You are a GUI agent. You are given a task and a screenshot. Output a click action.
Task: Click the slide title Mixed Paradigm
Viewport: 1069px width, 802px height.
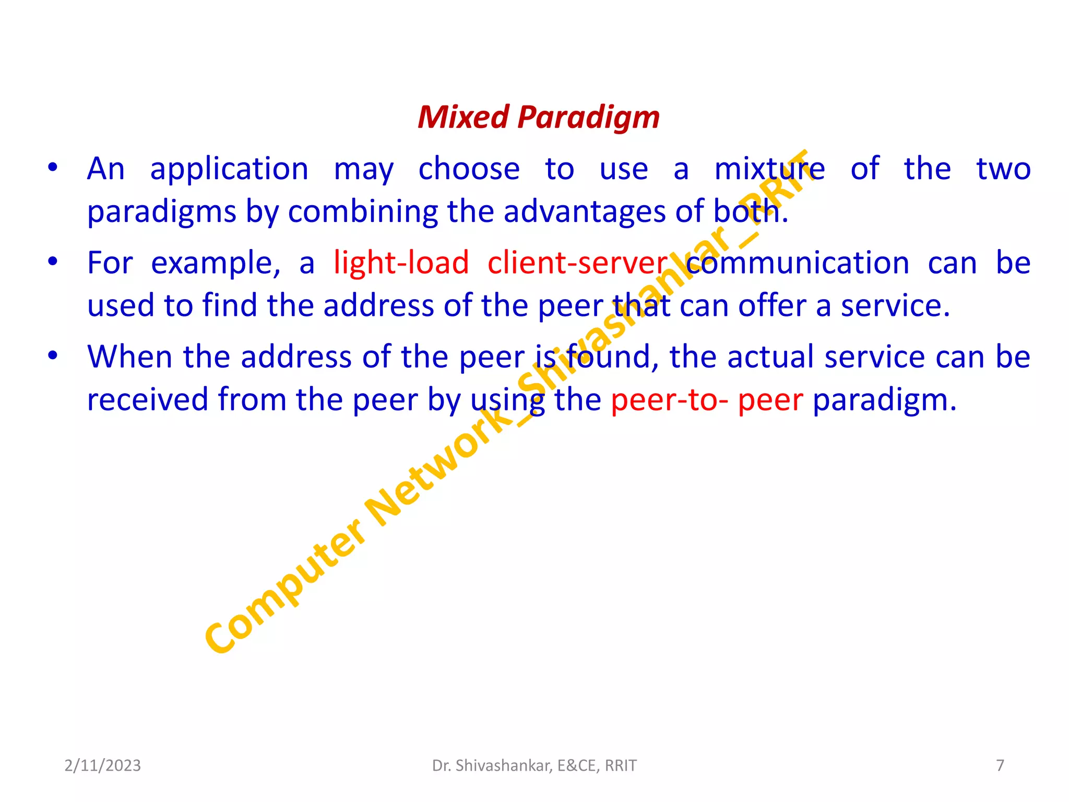538,117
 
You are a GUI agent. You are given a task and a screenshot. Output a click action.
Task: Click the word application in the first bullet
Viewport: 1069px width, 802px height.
229,170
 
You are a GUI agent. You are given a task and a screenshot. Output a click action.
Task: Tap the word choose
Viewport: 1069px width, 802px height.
469,169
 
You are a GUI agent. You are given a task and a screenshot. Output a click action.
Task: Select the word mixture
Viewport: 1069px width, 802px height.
769,169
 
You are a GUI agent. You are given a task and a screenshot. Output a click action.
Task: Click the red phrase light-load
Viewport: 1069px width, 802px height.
401,263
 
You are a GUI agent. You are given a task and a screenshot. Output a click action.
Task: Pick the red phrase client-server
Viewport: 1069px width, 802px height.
577,263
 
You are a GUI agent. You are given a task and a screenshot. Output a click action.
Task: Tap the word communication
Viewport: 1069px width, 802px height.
797,263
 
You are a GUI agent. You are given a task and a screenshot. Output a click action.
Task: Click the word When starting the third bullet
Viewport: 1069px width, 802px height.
129,357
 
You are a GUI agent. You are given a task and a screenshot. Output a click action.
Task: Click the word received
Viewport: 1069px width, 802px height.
147,400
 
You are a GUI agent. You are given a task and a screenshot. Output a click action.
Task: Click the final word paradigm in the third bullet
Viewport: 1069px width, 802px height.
884,401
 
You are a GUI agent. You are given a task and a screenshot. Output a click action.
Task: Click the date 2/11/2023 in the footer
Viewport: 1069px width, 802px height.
102,765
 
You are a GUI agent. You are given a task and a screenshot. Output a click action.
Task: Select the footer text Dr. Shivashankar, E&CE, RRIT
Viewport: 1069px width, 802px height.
534,765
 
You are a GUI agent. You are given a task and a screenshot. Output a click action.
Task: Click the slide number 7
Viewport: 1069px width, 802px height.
1000,765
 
